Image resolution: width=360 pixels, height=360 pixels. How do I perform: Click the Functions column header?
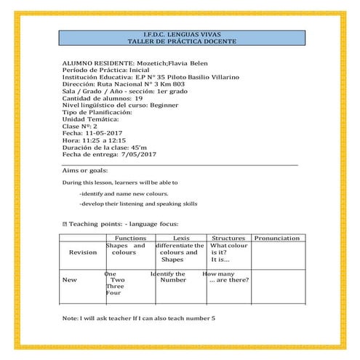pyautogui.click(x=131, y=239)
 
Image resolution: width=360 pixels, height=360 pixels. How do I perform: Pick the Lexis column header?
pyautogui.click(x=181, y=239)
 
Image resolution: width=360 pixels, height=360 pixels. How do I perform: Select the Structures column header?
pyautogui.click(x=228, y=239)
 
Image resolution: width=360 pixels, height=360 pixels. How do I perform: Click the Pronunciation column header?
pyautogui.click(x=277, y=239)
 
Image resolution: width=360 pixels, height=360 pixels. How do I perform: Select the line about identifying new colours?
pyautogui.click(x=124, y=194)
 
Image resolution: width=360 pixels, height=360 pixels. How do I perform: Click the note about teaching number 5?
pyautogui.click(x=139, y=319)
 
